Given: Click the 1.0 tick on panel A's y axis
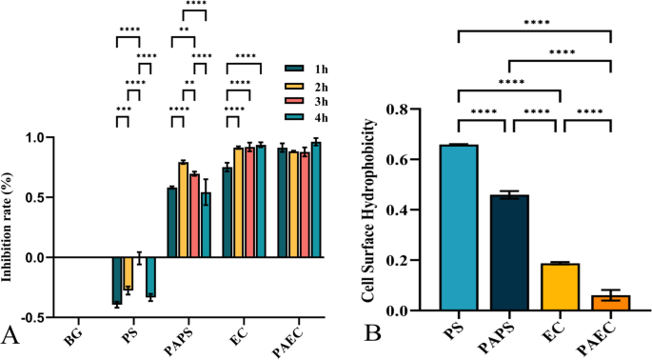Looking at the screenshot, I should point(34,138).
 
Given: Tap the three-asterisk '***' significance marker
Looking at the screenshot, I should point(123,110).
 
